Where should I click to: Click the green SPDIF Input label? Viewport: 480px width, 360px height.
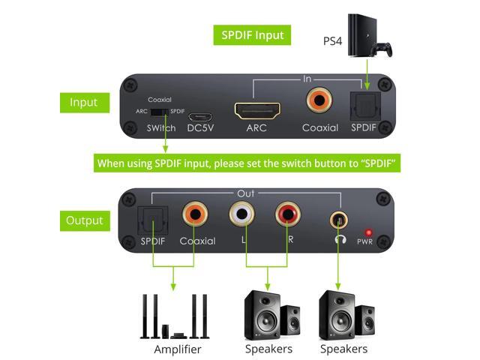click(252, 35)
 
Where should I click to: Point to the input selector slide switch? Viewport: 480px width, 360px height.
click(159, 112)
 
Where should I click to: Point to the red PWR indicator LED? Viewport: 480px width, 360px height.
click(368, 232)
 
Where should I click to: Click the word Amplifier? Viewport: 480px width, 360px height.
click(178, 349)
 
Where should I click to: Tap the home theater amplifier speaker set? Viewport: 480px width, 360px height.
click(175, 316)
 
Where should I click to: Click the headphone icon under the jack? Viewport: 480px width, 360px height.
click(341, 240)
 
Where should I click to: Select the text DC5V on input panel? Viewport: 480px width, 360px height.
click(199, 128)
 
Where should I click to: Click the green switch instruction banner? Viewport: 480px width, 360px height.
click(247, 163)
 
